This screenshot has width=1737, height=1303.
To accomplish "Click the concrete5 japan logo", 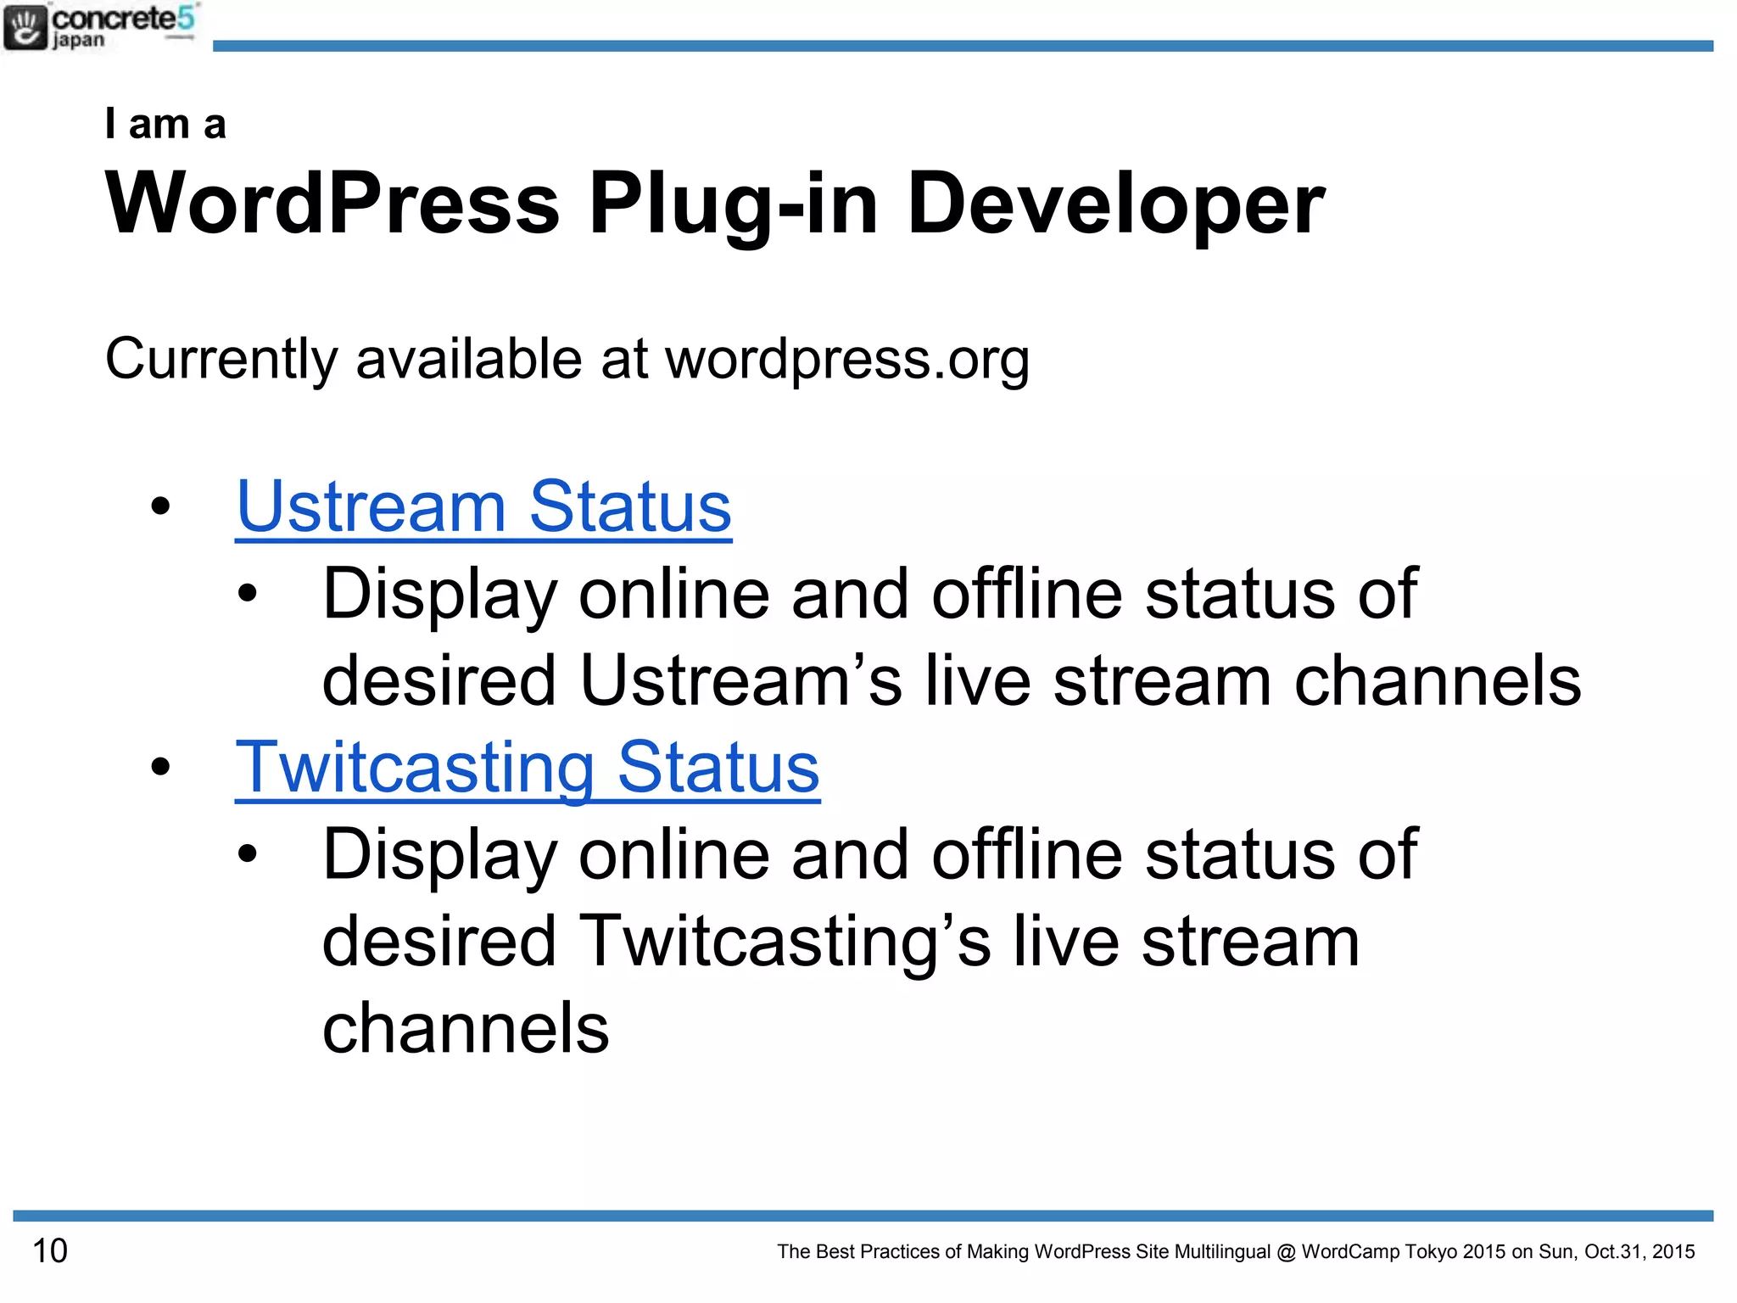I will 100,27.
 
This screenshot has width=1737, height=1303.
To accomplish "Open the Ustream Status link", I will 483,506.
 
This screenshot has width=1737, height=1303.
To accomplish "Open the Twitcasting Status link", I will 527,768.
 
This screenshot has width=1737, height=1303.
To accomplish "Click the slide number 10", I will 50,1250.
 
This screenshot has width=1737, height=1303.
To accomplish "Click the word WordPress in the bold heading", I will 332,204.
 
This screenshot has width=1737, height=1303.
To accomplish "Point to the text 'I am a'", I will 165,124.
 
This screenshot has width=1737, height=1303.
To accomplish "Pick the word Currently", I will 221,360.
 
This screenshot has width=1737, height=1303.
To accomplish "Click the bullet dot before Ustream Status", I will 160,507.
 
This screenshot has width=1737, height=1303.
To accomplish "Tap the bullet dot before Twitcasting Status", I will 160,768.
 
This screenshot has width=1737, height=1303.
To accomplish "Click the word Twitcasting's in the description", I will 785,942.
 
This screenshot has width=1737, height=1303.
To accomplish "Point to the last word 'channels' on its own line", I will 466,1028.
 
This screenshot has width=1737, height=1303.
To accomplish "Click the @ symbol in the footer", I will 1286,1251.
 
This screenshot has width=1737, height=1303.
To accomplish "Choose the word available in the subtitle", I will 468,359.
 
